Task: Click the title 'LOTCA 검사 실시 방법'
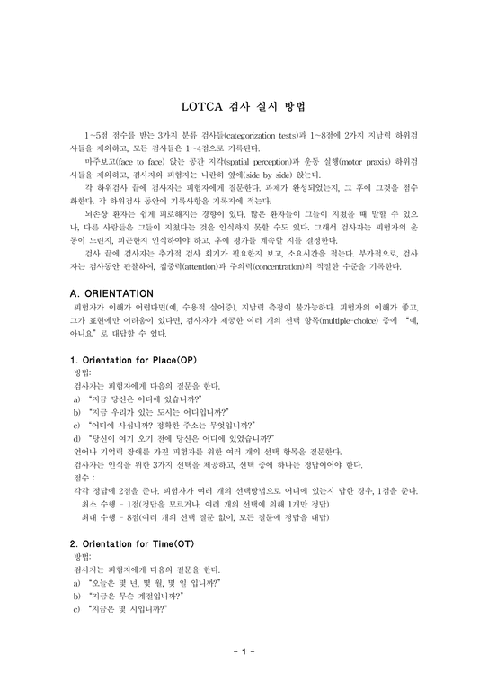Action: coord(244,105)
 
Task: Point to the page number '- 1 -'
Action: coord(244,651)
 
